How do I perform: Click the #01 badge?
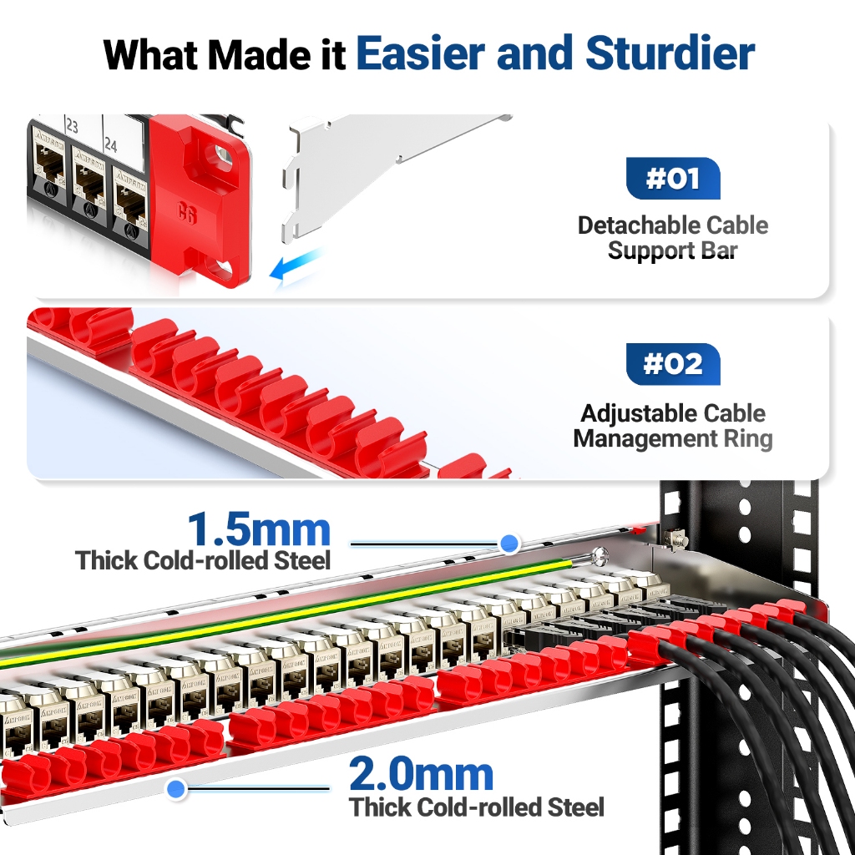[672, 179]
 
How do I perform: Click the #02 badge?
[672, 365]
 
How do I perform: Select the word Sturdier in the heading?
[670, 53]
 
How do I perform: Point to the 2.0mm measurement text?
[421, 776]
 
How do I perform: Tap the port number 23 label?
[71, 127]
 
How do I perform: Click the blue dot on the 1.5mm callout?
[509, 544]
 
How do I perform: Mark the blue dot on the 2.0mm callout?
[175, 787]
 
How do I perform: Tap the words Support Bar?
[672, 250]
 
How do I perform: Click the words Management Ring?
[672, 438]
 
